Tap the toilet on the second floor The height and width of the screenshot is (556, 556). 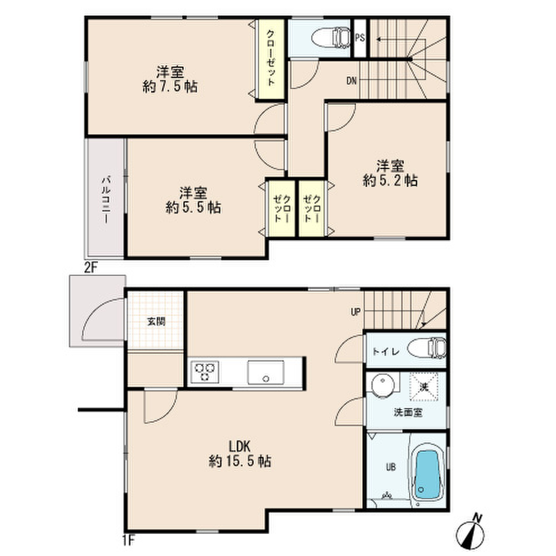click(x=331, y=37)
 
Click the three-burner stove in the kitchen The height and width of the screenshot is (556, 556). click(x=205, y=372)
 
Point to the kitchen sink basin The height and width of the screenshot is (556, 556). click(x=266, y=372)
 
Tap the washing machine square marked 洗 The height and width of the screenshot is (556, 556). click(x=424, y=387)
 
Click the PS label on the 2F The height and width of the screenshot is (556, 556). click(x=360, y=38)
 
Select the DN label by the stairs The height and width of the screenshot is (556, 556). click(x=351, y=81)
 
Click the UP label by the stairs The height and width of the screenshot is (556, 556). click(x=355, y=312)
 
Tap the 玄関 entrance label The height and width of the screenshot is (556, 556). click(x=156, y=321)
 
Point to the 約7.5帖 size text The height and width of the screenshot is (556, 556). click(x=170, y=86)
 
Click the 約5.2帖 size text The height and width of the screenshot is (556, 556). click(x=390, y=181)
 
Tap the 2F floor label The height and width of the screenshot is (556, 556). click(x=90, y=268)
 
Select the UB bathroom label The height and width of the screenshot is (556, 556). click(x=391, y=467)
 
